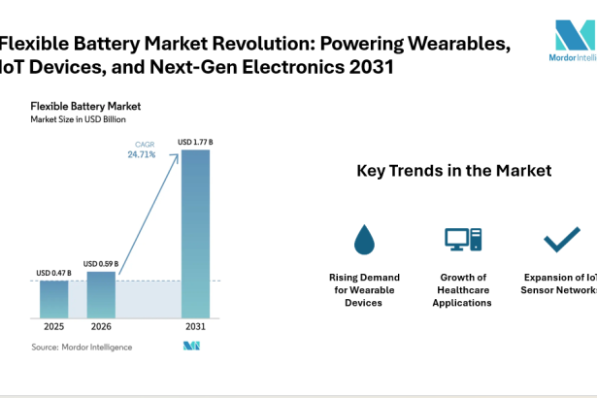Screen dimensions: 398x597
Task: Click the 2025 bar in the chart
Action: [x=54, y=300]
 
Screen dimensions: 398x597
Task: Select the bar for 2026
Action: [x=101, y=294]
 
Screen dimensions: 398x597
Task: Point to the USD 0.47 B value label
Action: [x=54, y=273]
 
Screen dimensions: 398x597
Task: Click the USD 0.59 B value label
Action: [x=101, y=263]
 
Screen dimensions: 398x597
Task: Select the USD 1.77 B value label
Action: [x=195, y=142]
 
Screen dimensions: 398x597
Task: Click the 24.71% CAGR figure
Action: [x=142, y=154]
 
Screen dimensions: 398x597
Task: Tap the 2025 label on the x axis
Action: [x=54, y=327]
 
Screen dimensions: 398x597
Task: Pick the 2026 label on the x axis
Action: [x=101, y=327]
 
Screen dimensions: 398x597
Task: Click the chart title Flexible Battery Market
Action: [x=85, y=105]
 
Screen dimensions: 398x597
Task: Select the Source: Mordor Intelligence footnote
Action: [x=82, y=347]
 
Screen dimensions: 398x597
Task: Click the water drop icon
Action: [x=364, y=239]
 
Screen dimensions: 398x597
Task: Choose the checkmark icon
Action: [x=561, y=239]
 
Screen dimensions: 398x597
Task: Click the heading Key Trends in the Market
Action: [x=454, y=171]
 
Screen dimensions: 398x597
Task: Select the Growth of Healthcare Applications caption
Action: [x=463, y=289]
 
